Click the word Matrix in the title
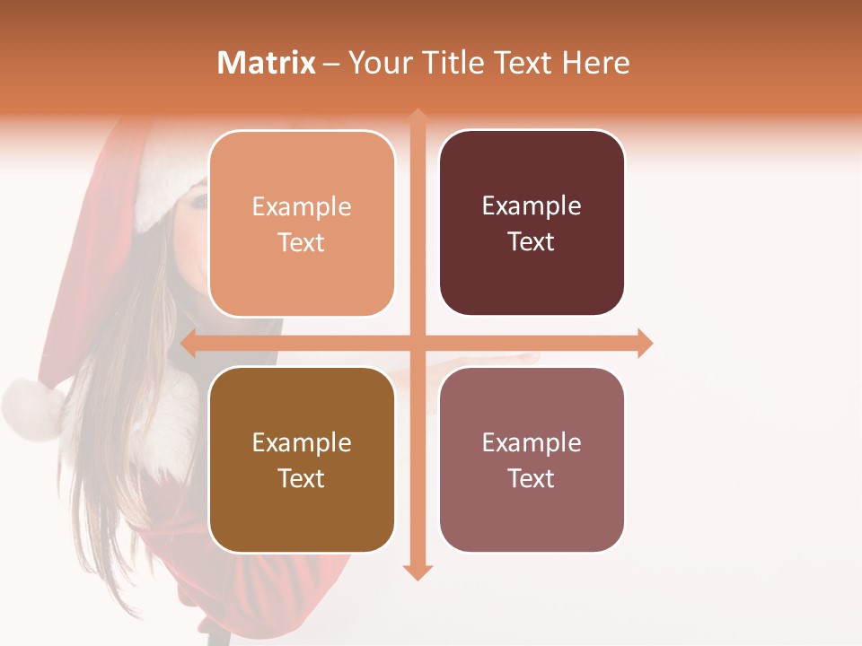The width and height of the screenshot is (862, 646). [267, 63]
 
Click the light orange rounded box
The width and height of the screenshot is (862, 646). [302, 223]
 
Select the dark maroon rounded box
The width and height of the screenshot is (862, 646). [532, 223]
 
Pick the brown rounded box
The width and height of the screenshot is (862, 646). [302, 459]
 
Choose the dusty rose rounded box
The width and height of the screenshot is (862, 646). [532, 459]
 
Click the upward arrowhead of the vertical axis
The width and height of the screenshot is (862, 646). [418, 116]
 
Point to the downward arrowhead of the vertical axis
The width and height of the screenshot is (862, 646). [418, 572]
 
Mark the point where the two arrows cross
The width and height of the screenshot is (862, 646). [418, 343]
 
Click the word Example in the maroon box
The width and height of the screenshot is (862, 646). [532, 205]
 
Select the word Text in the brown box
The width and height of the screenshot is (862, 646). [301, 478]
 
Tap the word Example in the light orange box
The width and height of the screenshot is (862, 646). [302, 206]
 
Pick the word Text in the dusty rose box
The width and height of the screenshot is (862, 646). [531, 478]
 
